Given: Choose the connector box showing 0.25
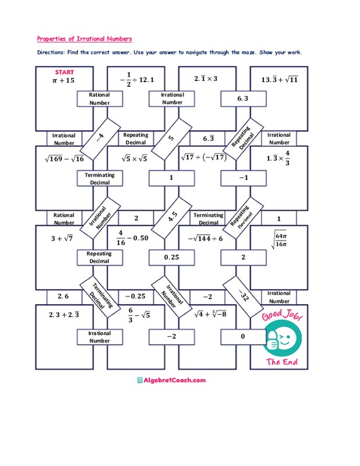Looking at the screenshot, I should click(x=171, y=257).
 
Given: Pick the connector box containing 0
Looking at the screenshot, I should click(x=243, y=337).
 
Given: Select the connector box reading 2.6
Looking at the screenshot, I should click(x=63, y=296).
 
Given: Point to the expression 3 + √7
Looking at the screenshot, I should click(x=61, y=238).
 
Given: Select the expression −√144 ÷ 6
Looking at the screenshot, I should click(x=206, y=238).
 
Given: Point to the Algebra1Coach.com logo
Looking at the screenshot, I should click(x=171, y=380).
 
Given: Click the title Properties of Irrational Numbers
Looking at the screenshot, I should click(x=84, y=39).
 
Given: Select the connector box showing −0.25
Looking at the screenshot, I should click(x=135, y=296).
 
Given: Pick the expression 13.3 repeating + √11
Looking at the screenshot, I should click(x=280, y=80).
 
